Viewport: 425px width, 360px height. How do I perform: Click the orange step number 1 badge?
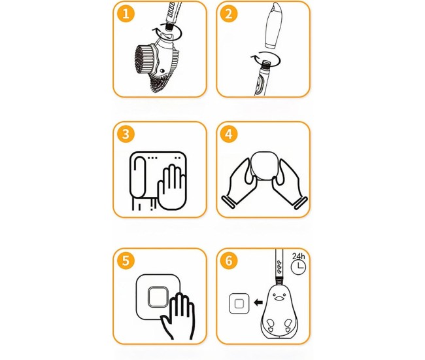(x=126, y=14)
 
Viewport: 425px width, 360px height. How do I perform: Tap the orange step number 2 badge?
(x=229, y=14)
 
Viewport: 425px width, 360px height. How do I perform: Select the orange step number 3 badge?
(x=126, y=134)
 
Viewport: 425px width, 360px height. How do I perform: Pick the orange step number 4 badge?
(x=229, y=134)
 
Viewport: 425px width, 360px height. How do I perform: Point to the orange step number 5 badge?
(x=126, y=261)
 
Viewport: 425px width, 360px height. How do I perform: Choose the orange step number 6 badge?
(x=229, y=261)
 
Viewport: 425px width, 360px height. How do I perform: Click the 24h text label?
(x=298, y=257)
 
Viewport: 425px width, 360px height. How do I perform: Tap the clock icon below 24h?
(x=298, y=267)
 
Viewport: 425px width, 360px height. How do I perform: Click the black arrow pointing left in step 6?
(x=258, y=302)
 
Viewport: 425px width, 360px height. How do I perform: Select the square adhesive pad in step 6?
(x=239, y=304)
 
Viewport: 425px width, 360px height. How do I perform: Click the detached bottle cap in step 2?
(x=274, y=26)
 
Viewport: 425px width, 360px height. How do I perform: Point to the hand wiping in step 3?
(x=172, y=187)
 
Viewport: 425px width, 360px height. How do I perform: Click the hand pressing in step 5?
(x=178, y=316)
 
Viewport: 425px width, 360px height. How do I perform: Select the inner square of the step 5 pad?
(x=158, y=297)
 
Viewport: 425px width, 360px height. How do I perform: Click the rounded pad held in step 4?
(x=265, y=166)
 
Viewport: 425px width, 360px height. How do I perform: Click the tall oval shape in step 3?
(x=138, y=177)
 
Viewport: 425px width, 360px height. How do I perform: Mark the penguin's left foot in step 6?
(x=270, y=325)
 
